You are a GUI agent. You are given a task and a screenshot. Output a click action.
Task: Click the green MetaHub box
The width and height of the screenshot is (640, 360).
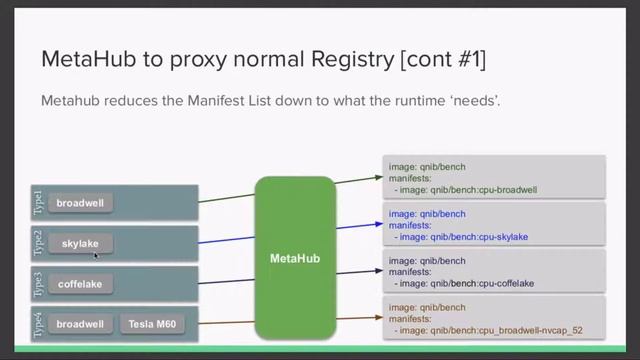295,258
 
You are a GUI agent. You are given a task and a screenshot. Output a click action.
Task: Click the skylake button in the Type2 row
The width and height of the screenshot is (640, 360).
81,243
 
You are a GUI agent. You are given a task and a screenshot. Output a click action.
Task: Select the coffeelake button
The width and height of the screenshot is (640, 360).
80,284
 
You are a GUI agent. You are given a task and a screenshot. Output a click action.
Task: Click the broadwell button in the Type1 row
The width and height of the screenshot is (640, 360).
80,203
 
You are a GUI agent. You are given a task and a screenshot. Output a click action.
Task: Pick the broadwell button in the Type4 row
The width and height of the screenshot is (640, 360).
80,324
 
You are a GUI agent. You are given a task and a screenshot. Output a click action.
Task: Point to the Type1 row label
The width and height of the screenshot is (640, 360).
38,203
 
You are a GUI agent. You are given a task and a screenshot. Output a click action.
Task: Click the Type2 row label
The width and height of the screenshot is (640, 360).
38,243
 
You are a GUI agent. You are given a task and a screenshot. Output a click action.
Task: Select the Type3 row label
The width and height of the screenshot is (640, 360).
38,284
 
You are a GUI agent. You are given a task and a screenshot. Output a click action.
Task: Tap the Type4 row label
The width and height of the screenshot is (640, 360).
38,324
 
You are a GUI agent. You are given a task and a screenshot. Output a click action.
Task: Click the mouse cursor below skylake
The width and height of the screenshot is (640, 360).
96,256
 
